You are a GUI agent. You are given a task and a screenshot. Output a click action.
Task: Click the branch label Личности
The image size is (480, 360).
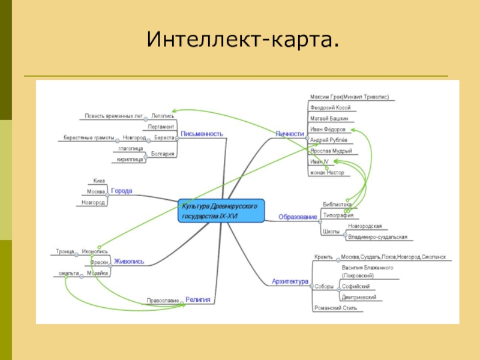[289, 134]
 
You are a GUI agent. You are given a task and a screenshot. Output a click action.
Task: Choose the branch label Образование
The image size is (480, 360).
[297, 216]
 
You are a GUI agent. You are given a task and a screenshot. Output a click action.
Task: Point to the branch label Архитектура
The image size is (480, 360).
[290, 281]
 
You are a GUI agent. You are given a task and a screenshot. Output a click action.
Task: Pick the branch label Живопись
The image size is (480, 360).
[129, 261]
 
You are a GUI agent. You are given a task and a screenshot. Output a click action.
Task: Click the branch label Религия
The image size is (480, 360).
[197, 298]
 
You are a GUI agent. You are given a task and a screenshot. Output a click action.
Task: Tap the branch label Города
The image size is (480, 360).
[122, 191]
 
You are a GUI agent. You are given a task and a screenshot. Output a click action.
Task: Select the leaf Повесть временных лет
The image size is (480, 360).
[113, 116]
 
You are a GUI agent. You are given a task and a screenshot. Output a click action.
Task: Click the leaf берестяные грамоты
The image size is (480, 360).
[89, 138]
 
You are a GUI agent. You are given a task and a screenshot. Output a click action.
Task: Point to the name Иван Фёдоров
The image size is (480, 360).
[328, 129]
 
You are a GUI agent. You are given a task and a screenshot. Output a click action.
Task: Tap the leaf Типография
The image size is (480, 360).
[338, 215]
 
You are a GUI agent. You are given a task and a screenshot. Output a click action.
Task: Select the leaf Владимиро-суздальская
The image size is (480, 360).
[377, 237]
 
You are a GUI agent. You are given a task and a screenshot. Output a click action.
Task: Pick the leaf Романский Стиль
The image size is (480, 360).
[335, 308]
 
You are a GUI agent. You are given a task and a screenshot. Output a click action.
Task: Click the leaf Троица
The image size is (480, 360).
[65, 251]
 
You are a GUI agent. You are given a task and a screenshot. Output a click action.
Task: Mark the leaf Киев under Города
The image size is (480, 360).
[99, 180]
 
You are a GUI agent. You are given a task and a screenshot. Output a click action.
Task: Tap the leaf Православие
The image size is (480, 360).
[163, 300]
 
